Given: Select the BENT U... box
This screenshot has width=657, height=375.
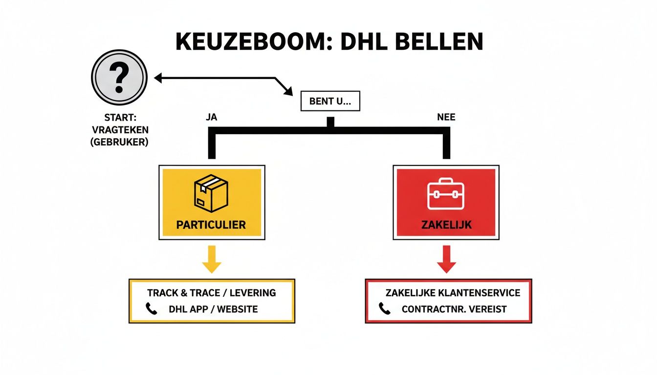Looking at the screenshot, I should coord(330,102).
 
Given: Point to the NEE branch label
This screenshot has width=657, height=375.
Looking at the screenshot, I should coord(446,118).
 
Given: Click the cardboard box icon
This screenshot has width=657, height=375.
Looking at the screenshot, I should coord(212,194).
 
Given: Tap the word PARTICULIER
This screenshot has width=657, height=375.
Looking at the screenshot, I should coord(212,225).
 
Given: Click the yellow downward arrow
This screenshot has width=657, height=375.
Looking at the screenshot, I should coord(211,259).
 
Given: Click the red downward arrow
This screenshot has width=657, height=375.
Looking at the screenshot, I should coord(446,259).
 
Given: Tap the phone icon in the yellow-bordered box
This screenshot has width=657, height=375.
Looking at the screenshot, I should coord(152,309).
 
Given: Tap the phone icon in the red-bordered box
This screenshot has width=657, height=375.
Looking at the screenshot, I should coord(385,309).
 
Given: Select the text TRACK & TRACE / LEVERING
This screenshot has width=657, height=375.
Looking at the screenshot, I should coord(212,293).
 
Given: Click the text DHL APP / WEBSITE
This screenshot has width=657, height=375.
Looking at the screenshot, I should coord(213,309).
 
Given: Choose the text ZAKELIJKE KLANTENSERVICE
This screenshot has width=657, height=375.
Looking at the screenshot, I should coord(453,293).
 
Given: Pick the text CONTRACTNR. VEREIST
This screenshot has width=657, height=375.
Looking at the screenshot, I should coord(454,309).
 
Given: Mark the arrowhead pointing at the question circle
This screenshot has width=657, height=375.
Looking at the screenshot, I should coord(157,77).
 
